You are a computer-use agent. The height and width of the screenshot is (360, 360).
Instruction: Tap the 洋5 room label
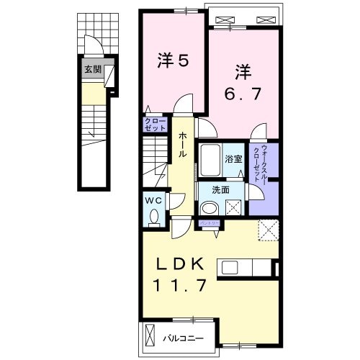(173, 60)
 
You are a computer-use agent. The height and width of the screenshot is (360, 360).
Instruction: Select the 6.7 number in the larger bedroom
(242, 94)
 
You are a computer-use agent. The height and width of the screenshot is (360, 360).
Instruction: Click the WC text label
(151, 199)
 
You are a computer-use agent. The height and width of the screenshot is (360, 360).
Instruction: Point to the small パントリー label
(210, 224)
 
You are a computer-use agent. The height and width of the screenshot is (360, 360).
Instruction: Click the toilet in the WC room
(152, 214)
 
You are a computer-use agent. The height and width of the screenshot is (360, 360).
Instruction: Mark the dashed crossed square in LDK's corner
(268, 231)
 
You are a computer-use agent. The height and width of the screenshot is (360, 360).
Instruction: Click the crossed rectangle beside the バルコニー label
(150, 336)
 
